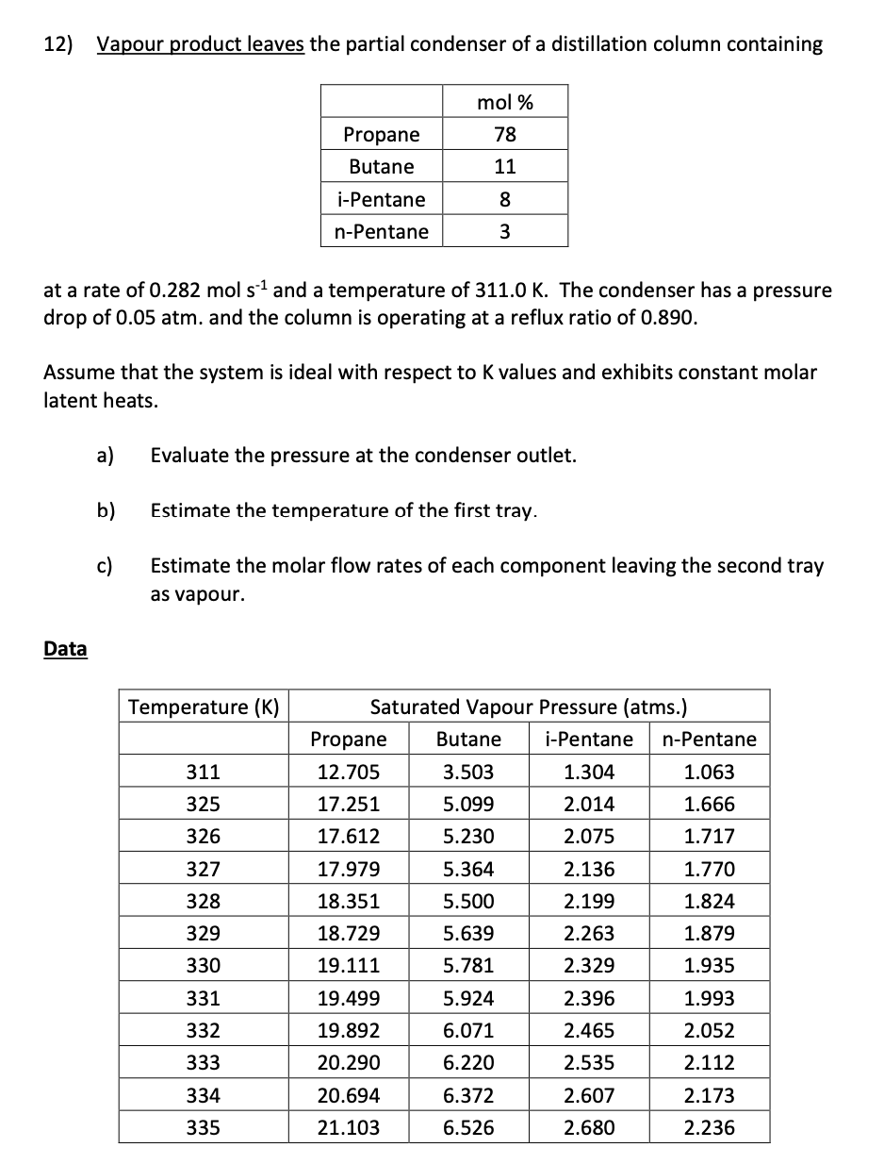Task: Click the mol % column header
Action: (x=505, y=102)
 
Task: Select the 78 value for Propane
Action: (x=505, y=135)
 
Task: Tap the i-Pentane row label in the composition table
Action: (x=381, y=199)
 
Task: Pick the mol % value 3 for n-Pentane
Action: (x=505, y=232)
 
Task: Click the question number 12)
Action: (x=63, y=45)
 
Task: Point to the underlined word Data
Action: (x=65, y=649)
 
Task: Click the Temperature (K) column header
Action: (x=204, y=707)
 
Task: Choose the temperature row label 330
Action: (x=204, y=966)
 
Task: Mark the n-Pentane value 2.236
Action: (x=709, y=1128)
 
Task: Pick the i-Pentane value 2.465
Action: (x=588, y=1031)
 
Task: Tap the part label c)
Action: (x=105, y=566)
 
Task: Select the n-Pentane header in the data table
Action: (x=709, y=740)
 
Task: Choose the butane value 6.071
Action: (x=468, y=1031)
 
